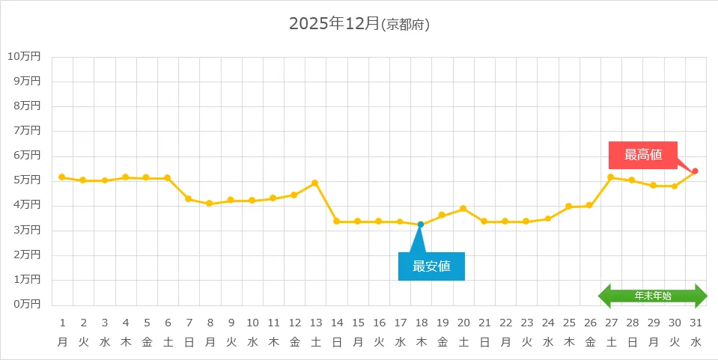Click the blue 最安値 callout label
point(431,266)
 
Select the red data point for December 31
point(696,171)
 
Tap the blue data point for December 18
point(421,225)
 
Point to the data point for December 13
point(315,183)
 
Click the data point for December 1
point(62,177)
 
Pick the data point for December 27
point(611,177)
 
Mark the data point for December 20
point(463,208)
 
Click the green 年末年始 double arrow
point(653,296)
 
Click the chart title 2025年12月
point(335,24)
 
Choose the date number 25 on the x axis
point(569,323)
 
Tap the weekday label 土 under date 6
point(168,341)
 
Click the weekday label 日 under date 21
point(484,341)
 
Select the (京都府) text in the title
point(405,25)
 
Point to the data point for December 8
point(210,204)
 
